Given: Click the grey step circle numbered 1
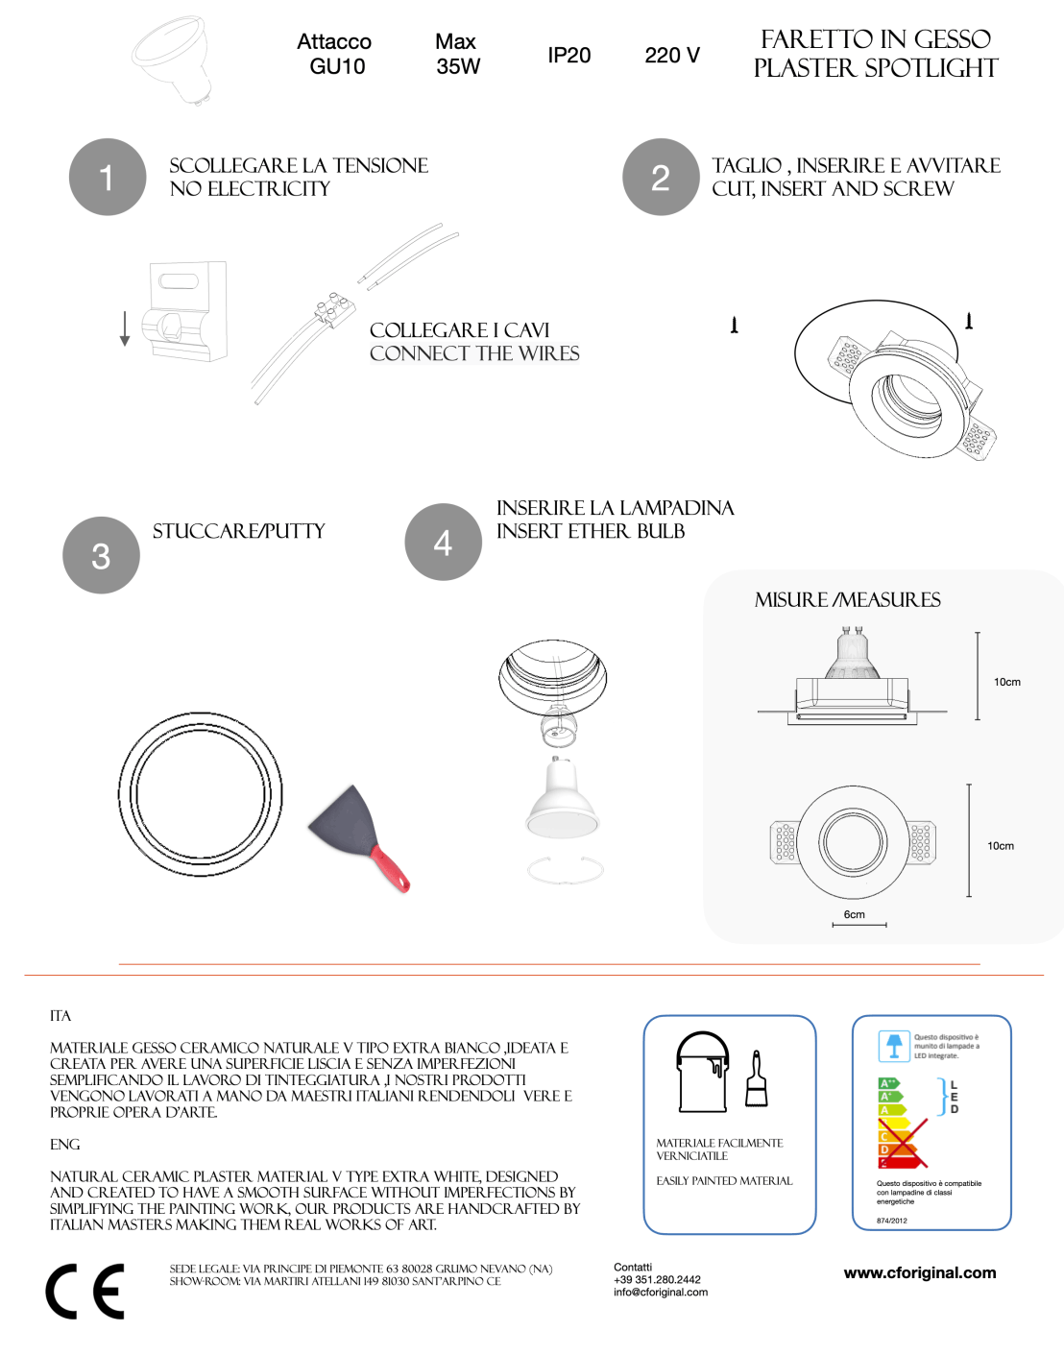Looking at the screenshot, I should pyautogui.click(x=108, y=178).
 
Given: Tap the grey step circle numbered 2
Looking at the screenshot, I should pyautogui.click(x=661, y=178).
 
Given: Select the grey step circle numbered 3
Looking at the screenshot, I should pyautogui.click(x=101, y=555).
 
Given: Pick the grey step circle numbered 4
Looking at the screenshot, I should pyautogui.click(x=443, y=543).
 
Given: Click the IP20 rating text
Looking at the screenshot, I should pyautogui.click(x=568, y=56).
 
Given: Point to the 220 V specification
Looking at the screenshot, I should pyautogui.click(x=672, y=56).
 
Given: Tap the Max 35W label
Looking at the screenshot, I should pyautogui.click(x=457, y=54).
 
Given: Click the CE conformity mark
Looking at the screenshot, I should pyautogui.click(x=85, y=1292).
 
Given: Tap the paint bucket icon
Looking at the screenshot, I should pyautogui.click(x=703, y=1073).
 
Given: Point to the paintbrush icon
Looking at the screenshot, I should pyautogui.click(x=757, y=1079).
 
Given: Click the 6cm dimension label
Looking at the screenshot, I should pyautogui.click(x=854, y=914).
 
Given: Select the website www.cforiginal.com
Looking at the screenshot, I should pyautogui.click(x=919, y=1272).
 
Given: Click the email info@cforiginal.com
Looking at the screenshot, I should pyautogui.click(x=661, y=1292).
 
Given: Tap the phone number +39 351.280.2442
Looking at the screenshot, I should pyautogui.click(x=657, y=1279).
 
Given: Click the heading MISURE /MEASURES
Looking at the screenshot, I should pyautogui.click(x=847, y=600).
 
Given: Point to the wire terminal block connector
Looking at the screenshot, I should pyautogui.click(x=330, y=309).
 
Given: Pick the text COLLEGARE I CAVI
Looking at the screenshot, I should pyautogui.click(x=459, y=330).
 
